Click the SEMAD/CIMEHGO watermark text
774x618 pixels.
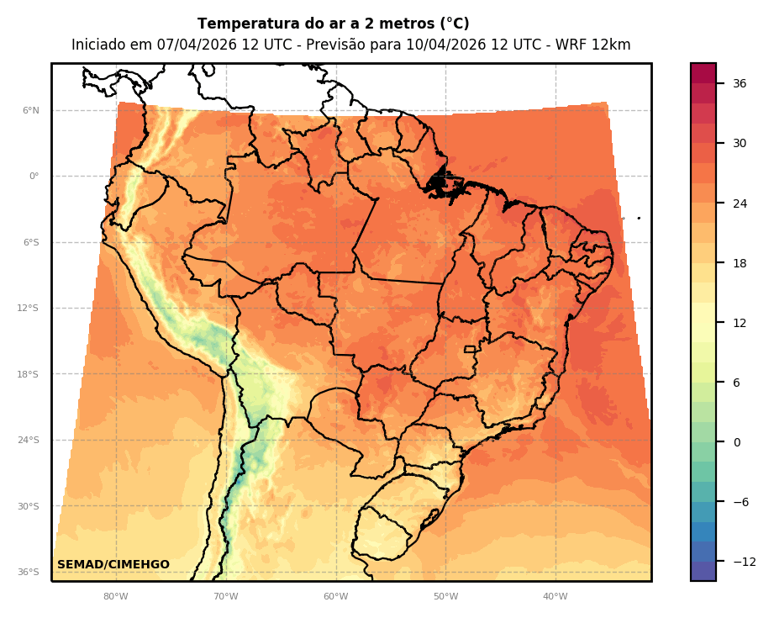click(113, 564)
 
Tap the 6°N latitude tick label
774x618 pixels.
click(30, 110)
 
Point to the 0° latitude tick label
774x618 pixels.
click(33, 177)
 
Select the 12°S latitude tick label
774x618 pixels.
click(28, 309)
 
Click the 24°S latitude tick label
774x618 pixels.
click(28, 441)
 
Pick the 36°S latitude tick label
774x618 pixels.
click(28, 573)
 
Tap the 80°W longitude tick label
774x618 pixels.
click(116, 597)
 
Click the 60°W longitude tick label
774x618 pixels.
click(335, 597)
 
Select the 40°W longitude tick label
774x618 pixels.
click(555, 597)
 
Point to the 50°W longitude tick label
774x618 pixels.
click(445, 597)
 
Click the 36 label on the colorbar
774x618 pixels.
click(740, 83)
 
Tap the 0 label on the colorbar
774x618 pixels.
click(737, 442)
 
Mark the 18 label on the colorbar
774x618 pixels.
click(740, 263)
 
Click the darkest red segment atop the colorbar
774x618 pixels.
click(703, 73)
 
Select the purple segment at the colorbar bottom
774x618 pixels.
click(703, 571)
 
